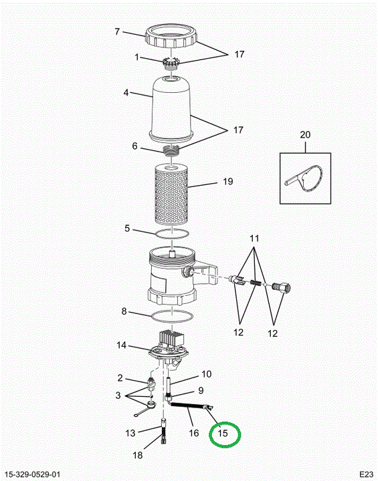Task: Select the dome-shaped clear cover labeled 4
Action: (171, 109)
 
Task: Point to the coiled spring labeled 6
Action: (171, 150)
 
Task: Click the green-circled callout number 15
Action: (223, 433)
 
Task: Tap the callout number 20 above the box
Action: (305, 135)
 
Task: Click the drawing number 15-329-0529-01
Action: (33, 474)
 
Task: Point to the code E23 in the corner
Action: (367, 474)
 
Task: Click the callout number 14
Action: (121, 345)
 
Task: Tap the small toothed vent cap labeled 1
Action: (170, 63)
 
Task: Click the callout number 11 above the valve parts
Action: (254, 238)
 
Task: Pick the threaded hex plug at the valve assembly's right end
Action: (281, 288)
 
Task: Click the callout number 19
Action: (227, 181)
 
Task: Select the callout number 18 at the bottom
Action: (138, 455)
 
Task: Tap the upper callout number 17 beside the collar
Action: (239, 54)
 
